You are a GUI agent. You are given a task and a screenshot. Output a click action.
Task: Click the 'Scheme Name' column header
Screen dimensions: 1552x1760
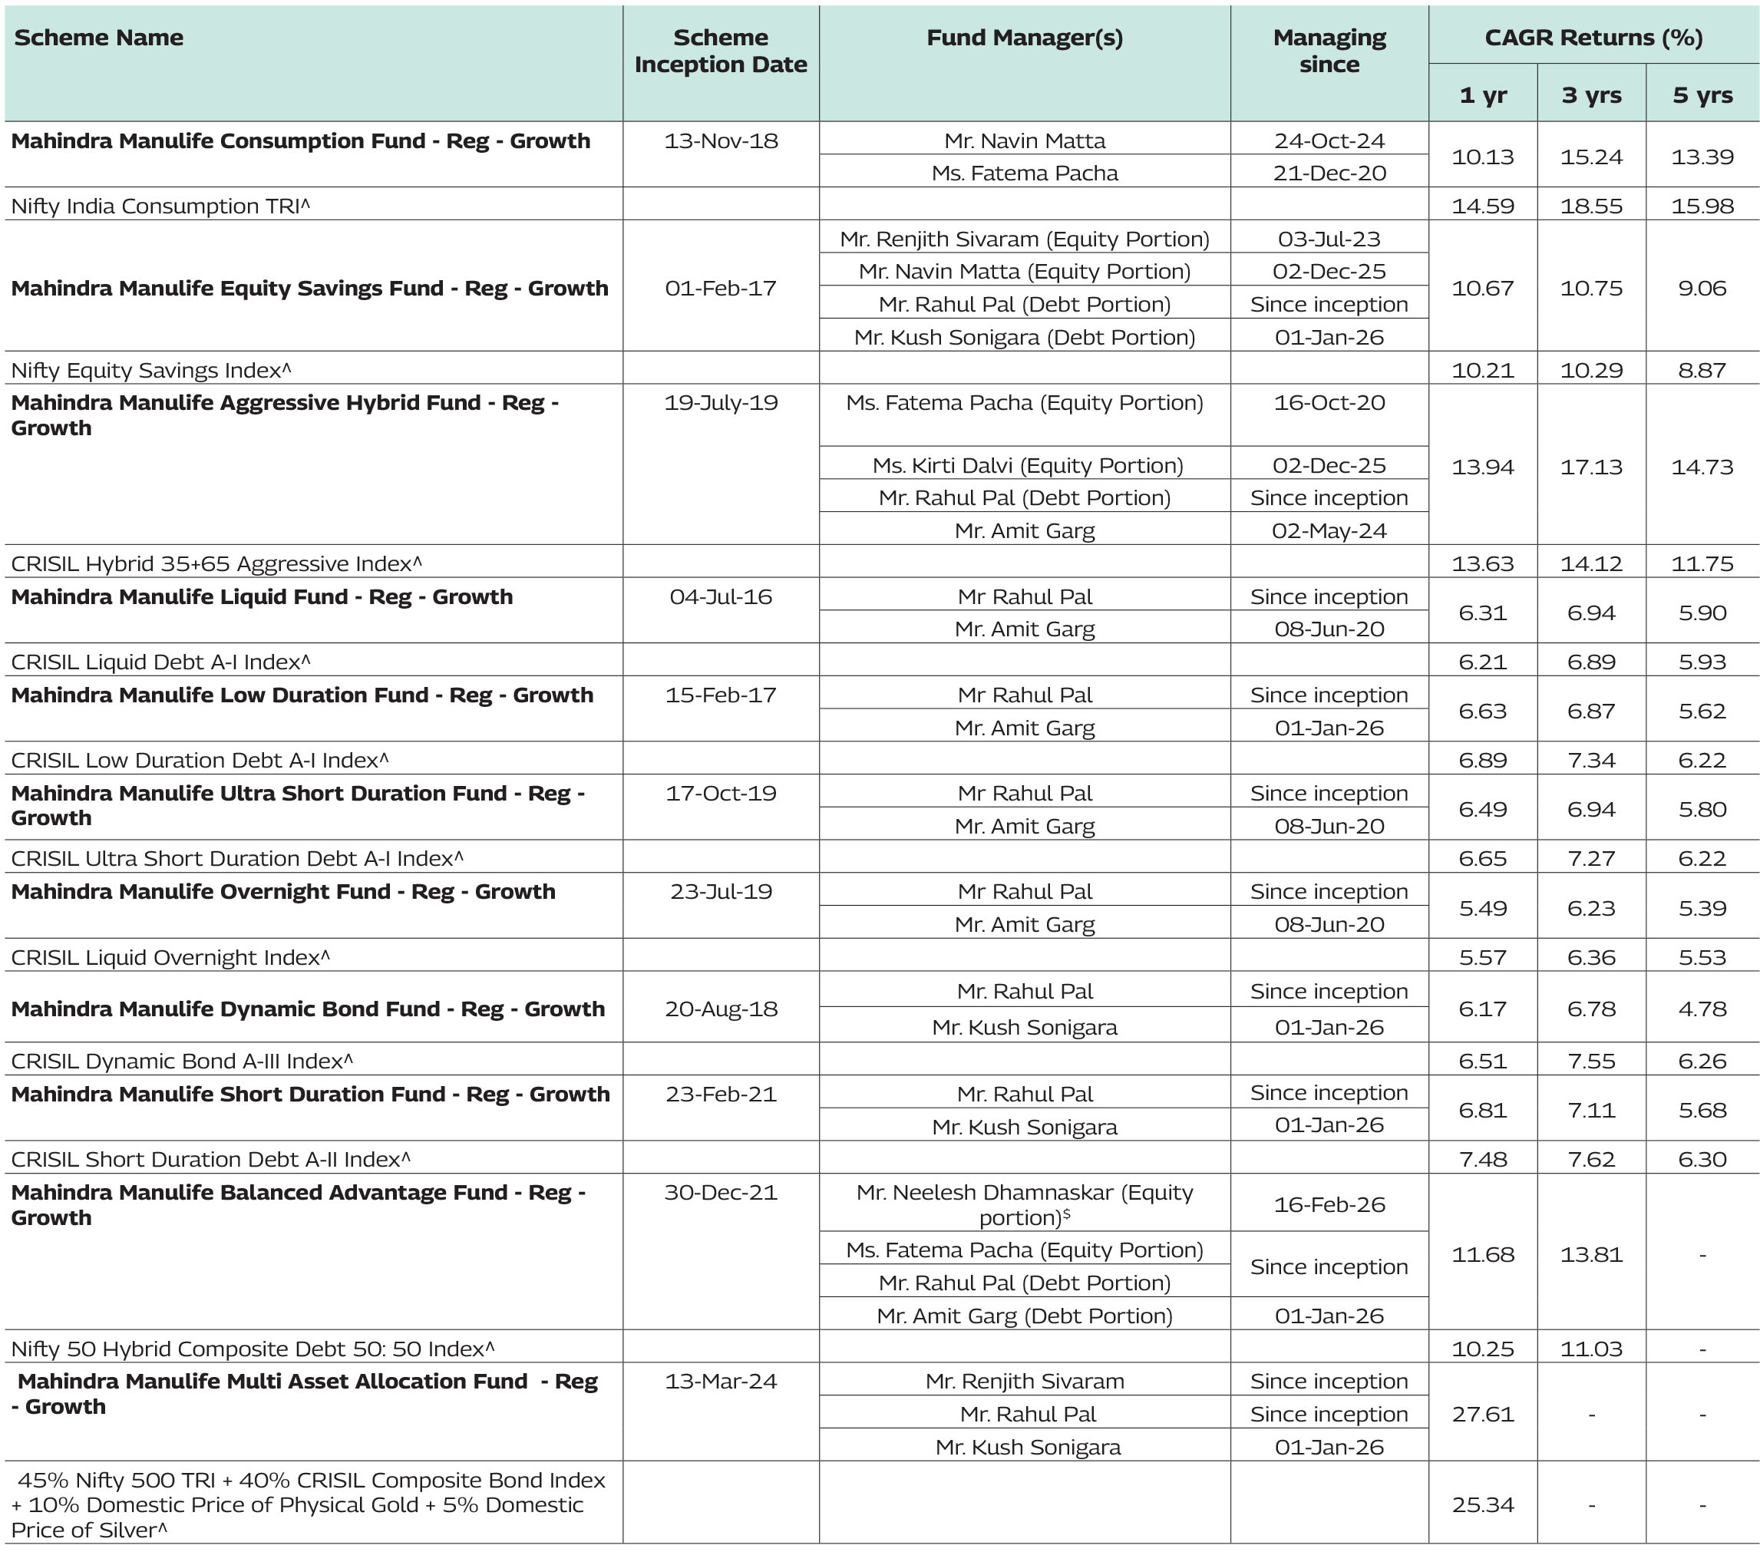click(x=99, y=38)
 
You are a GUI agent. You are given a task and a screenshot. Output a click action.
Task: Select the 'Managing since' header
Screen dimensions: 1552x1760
click(x=1329, y=51)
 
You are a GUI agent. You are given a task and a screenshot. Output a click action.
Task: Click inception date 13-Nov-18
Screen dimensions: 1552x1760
click(x=721, y=141)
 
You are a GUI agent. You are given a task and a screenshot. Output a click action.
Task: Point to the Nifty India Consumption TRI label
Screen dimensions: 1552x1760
click(x=160, y=206)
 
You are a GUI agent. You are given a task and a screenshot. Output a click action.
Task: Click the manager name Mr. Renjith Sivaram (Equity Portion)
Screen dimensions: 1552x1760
click(x=1025, y=239)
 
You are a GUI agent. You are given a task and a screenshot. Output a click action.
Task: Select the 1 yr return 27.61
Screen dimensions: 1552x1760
click(x=1483, y=1414)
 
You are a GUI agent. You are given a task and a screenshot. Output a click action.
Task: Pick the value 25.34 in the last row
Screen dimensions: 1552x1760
click(x=1483, y=1504)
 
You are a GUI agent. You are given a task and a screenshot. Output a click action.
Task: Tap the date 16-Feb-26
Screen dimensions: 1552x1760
click(x=1329, y=1205)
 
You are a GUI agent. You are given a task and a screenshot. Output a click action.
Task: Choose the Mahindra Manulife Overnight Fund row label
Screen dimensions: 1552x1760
click(x=283, y=892)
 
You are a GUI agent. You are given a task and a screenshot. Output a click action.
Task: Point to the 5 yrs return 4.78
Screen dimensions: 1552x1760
click(x=1702, y=1009)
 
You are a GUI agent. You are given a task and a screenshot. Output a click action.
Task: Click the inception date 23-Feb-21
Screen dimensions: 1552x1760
click(x=721, y=1095)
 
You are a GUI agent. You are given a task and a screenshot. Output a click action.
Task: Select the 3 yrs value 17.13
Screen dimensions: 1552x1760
click(x=1591, y=467)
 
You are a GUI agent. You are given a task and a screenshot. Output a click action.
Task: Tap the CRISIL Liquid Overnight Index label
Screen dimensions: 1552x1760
click(x=170, y=958)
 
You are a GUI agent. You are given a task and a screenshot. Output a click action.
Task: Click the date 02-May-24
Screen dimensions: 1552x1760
click(x=1329, y=531)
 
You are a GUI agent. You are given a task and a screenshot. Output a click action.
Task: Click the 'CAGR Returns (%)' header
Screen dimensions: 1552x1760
click(x=1593, y=38)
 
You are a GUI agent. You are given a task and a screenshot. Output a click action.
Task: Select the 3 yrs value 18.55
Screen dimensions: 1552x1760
click(x=1591, y=206)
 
